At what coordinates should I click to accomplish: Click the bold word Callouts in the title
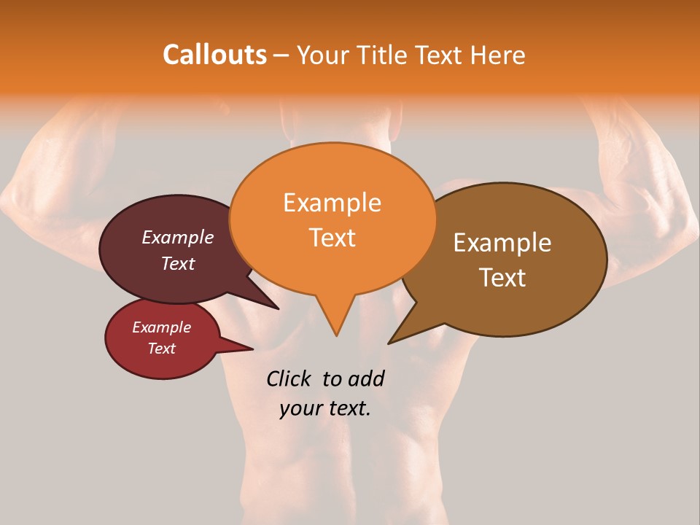214,55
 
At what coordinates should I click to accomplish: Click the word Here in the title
499,55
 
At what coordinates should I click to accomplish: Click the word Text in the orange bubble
332,237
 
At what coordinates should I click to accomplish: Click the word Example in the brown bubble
502,243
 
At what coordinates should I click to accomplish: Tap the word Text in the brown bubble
502,277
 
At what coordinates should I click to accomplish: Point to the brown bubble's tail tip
389,343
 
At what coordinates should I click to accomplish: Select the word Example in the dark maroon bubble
177,237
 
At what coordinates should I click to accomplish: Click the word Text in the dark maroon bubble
177,263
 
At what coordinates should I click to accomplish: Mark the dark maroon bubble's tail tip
278,308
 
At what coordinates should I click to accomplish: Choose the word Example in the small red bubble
161,327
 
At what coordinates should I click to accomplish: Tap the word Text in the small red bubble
161,349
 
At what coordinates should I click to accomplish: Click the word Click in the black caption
289,378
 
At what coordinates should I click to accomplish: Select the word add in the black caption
366,378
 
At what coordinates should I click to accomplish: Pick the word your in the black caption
300,408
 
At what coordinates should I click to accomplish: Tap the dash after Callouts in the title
281,55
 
